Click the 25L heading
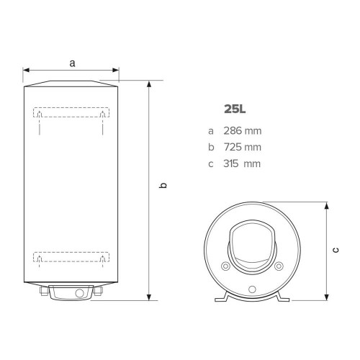pyautogui.click(x=235, y=109)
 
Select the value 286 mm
pyautogui.click(x=243, y=131)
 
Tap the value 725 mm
pyautogui.click(x=243, y=147)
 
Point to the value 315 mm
pyautogui.click(x=242, y=163)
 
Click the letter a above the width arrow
pyautogui.click(x=72, y=63)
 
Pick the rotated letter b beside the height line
pyautogui.click(x=163, y=185)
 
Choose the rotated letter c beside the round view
pyautogui.click(x=336, y=250)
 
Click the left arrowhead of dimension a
pyautogui.click(x=26, y=70)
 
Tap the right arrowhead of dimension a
pyautogui.click(x=116, y=70)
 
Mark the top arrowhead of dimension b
pyautogui.click(x=149, y=84)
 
